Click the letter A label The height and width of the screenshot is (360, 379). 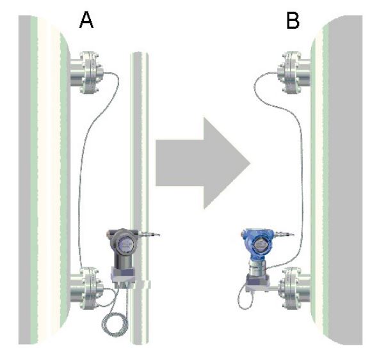(86, 20)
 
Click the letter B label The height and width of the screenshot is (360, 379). (293, 20)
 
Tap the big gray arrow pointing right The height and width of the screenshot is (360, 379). (202, 163)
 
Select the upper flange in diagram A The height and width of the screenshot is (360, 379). (87, 72)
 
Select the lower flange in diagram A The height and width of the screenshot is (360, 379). (87, 288)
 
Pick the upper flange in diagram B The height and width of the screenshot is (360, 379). (294, 72)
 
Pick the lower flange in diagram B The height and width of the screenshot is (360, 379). (294, 288)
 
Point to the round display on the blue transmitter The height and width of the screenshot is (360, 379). (260, 244)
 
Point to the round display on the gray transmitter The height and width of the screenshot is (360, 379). (125, 244)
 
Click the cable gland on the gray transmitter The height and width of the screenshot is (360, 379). (149, 234)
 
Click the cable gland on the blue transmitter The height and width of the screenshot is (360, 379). (284, 234)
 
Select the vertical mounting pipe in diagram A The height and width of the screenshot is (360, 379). (139, 198)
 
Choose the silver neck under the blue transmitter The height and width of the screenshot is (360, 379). (257, 267)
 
